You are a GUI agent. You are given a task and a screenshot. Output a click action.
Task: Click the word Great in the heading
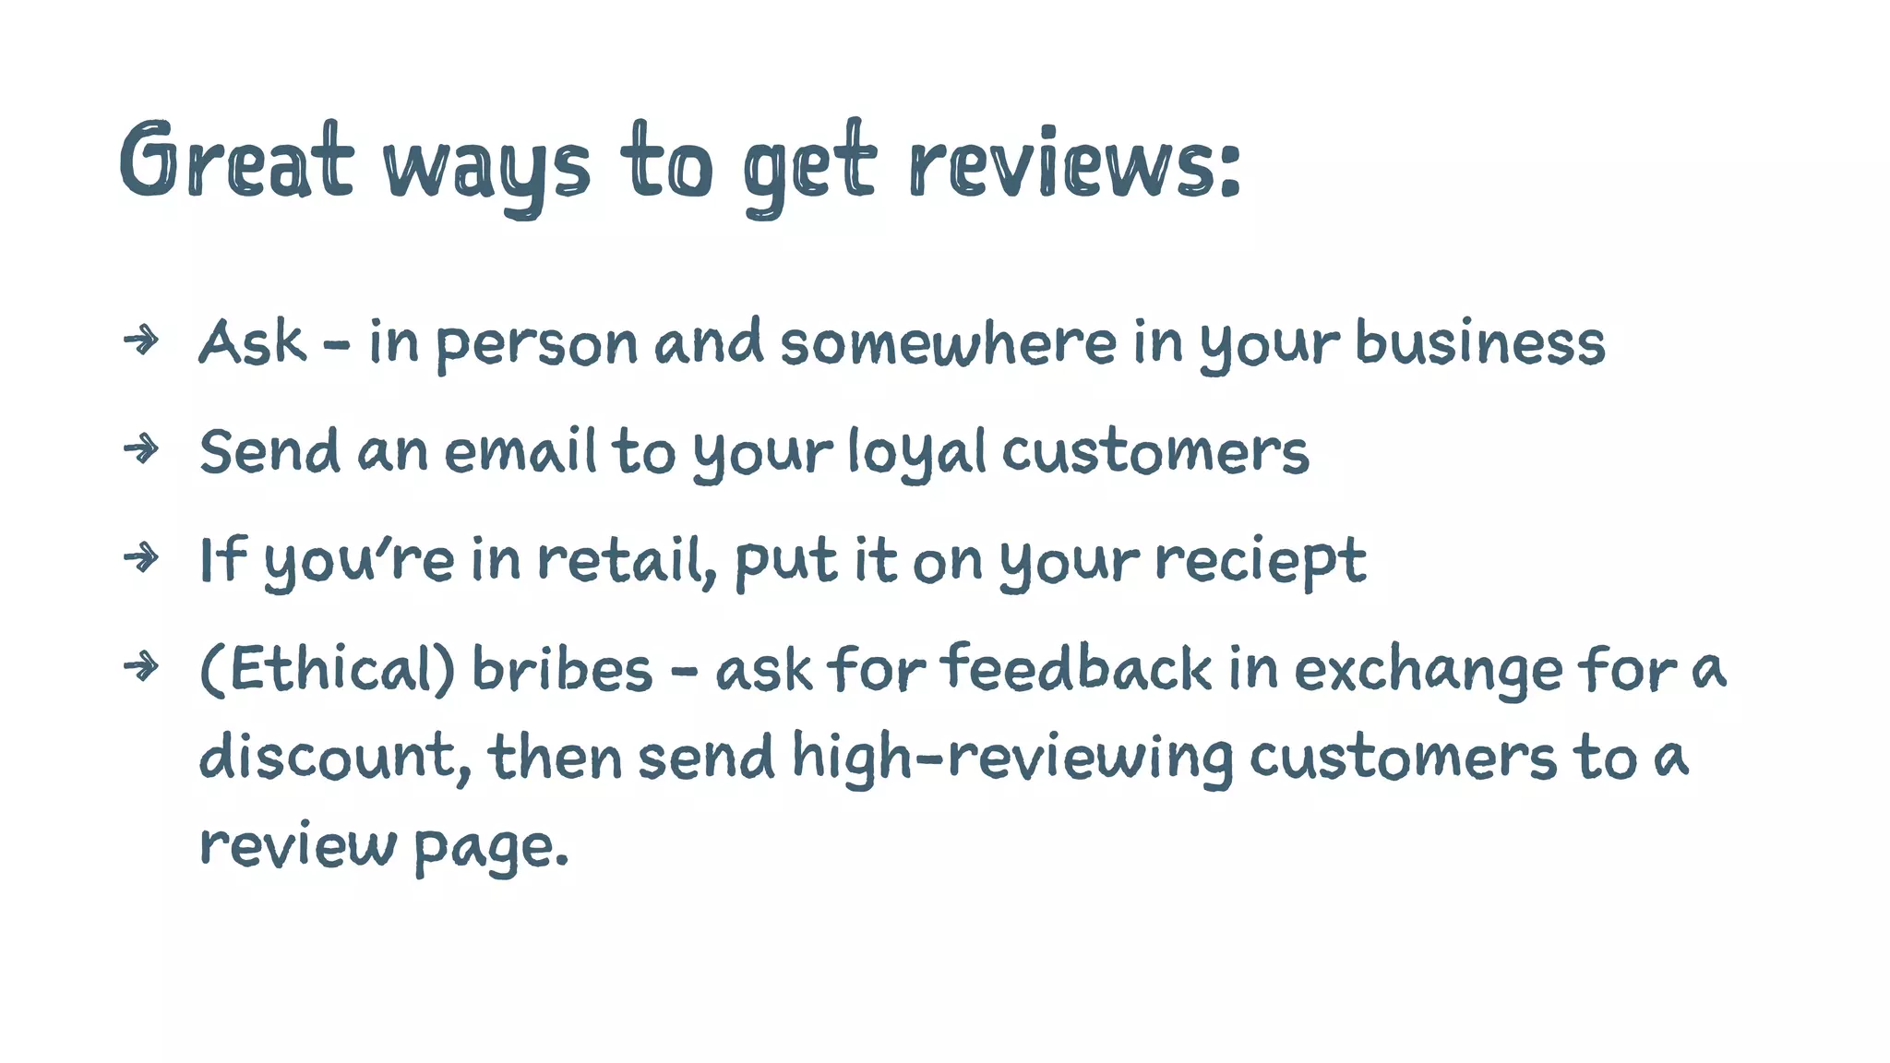pyautogui.click(x=235, y=161)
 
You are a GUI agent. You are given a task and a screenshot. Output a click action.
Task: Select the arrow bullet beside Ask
pyautogui.click(x=141, y=340)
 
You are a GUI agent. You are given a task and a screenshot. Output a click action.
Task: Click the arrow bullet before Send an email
pyautogui.click(x=141, y=449)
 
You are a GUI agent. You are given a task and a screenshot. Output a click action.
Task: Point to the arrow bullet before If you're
pyautogui.click(x=141, y=557)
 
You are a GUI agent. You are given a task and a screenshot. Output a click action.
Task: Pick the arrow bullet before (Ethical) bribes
pyautogui.click(x=141, y=665)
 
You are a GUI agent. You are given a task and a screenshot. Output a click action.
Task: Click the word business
pyautogui.click(x=1479, y=343)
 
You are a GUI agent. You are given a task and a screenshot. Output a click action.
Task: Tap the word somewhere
pyautogui.click(x=948, y=343)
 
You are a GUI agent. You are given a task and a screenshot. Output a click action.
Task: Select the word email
pyautogui.click(x=520, y=452)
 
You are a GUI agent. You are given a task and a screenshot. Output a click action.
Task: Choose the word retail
pyautogui.click(x=626, y=561)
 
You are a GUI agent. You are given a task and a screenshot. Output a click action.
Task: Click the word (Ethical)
pyautogui.click(x=327, y=669)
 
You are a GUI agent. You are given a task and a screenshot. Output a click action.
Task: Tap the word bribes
pyautogui.click(x=562, y=669)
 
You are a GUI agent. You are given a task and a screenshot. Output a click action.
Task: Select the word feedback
pyautogui.click(x=1076, y=669)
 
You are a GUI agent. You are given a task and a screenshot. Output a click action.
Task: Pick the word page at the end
pyautogui.click(x=489, y=845)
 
